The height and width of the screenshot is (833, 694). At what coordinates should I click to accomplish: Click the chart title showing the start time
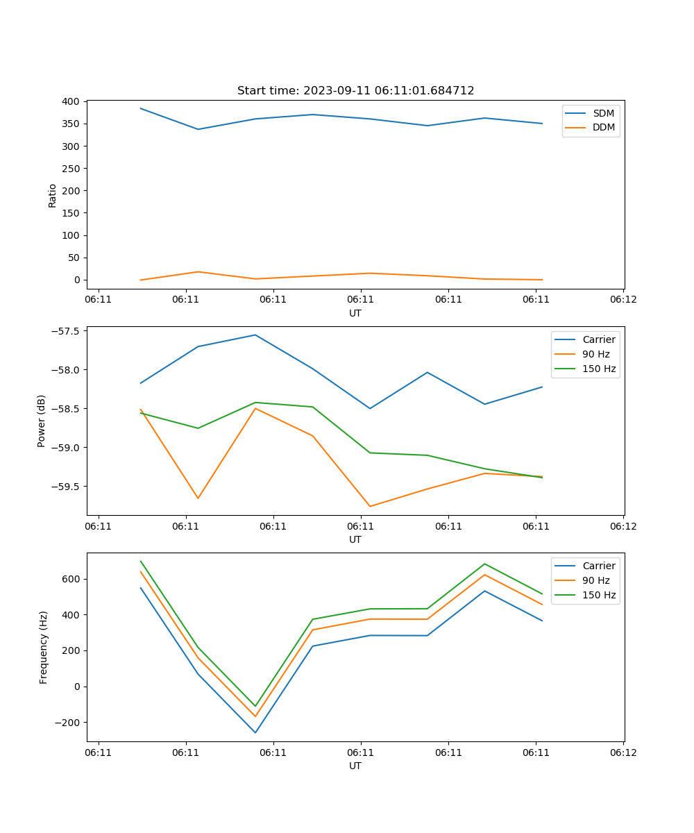pos(355,91)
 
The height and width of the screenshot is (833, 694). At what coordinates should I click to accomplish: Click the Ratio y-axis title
pos(53,195)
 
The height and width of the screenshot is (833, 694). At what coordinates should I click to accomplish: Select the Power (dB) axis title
pos(42,421)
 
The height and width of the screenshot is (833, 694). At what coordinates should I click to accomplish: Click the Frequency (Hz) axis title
pos(43,647)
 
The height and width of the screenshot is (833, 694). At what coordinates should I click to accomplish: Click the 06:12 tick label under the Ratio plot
pos(623,299)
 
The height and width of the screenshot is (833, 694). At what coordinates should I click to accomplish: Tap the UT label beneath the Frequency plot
pos(355,766)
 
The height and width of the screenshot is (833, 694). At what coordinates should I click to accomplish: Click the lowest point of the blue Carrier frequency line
pos(255,732)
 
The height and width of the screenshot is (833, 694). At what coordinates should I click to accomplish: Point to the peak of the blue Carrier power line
pos(255,335)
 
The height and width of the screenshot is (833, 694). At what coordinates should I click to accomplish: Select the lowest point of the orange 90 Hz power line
pos(370,506)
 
